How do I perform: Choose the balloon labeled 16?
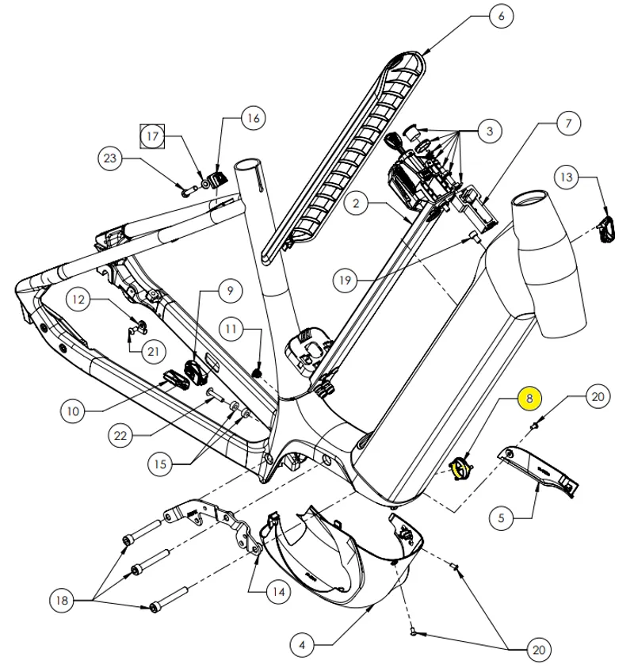[x=252, y=119]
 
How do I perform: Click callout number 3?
[x=490, y=130]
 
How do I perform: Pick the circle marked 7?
[x=567, y=124]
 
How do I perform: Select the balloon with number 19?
[x=344, y=279]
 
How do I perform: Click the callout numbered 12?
[x=79, y=300]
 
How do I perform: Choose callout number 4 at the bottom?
[x=300, y=645]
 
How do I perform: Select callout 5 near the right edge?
[x=502, y=519]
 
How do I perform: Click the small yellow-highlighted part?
[x=460, y=469]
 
